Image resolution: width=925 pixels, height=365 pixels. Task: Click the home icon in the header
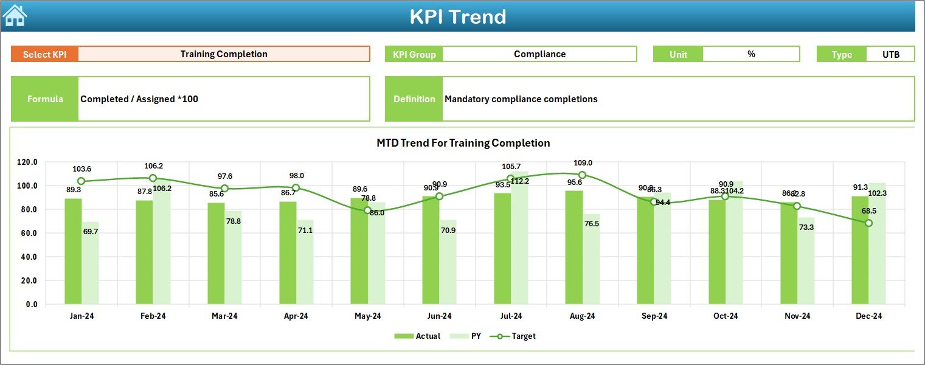click(x=15, y=16)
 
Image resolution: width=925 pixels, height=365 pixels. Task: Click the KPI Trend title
click(x=457, y=16)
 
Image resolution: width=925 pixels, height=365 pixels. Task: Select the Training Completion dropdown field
click(x=224, y=54)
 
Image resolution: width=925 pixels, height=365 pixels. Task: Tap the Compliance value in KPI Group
click(x=539, y=54)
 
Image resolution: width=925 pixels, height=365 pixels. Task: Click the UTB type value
click(x=890, y=54)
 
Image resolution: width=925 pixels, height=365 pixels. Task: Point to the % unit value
click(x=751, y=54)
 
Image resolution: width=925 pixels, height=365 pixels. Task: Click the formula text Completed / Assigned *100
click(x=139, y=99)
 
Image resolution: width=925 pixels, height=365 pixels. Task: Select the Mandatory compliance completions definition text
click(x=521, y=99)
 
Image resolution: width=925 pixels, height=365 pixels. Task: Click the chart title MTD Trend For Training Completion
click(x=463, y=144)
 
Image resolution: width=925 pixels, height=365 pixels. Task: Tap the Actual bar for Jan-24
click(x=73, y=251)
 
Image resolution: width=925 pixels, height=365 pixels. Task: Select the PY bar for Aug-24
click(x=591, y=259)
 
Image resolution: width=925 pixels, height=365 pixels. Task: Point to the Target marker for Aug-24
click(x=582, y=175)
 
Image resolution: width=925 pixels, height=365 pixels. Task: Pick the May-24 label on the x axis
click(x=367, y=316)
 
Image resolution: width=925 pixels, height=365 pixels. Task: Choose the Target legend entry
click(x=516, y=336)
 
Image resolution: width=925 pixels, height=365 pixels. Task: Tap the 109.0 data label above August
click(x=582, y=163)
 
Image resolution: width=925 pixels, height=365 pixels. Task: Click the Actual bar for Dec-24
click(x=860, y=250)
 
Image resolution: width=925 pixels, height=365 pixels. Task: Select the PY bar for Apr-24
click(x=305, y=262)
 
